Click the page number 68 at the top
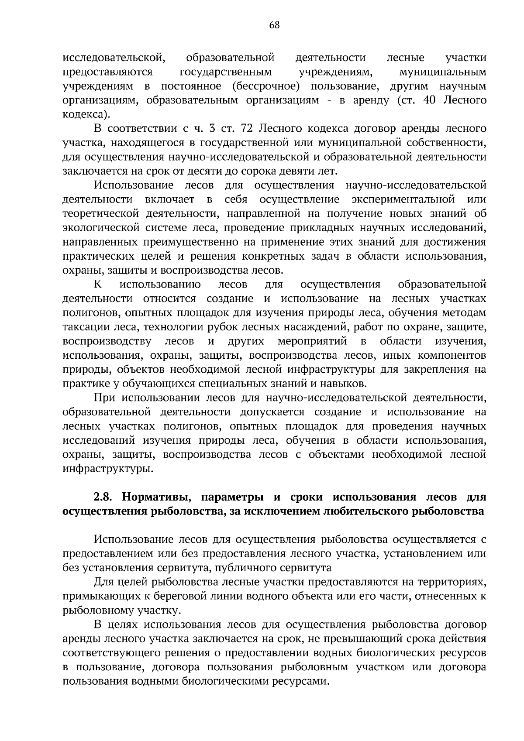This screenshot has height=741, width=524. pyautogui.click(x=274, y=25)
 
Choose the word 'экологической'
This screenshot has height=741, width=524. pyautogui.click(x=99, y=228)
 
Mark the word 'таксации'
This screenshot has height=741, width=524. pyautogui.click(x=86, y=327)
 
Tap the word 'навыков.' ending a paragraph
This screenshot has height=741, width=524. pyautogui.click(x=345, y=384)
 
